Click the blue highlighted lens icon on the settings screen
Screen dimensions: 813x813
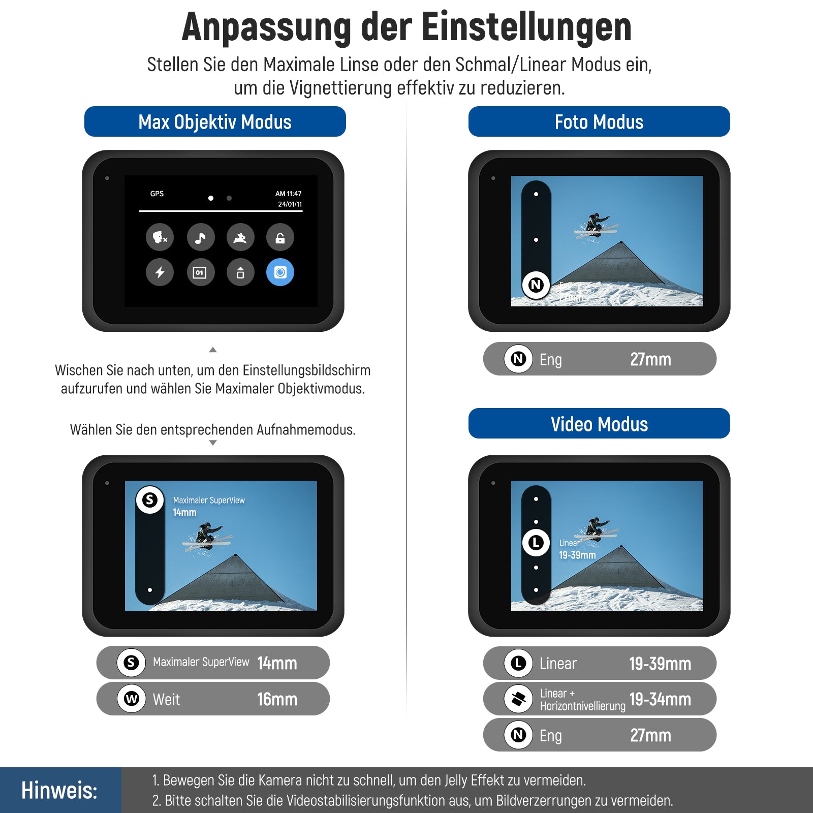pos(280,272)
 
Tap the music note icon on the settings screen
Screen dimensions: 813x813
pos(201,237)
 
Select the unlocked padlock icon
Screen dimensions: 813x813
pos(280,237)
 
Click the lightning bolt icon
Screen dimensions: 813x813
pos(160,272)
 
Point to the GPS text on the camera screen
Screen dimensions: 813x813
pos(157,194)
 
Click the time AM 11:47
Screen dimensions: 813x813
pos(289,194)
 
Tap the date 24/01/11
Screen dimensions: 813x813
pos(290,204)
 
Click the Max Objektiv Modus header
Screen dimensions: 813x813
pos(215,122)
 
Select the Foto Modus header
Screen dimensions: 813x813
pos(599,122)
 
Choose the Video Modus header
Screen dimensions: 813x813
pos(599,424)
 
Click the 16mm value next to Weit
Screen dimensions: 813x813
pos(277,699)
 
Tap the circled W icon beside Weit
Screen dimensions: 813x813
pos(132,699)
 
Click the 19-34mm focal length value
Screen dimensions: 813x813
pos(660,700)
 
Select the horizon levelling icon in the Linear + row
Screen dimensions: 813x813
pos(518,699)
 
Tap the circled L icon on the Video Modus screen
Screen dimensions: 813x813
pos(536,543)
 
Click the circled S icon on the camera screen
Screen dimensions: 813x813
pos(150,500)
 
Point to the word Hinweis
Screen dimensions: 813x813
pos(59,791)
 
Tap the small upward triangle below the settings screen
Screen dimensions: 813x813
pos(213,350)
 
